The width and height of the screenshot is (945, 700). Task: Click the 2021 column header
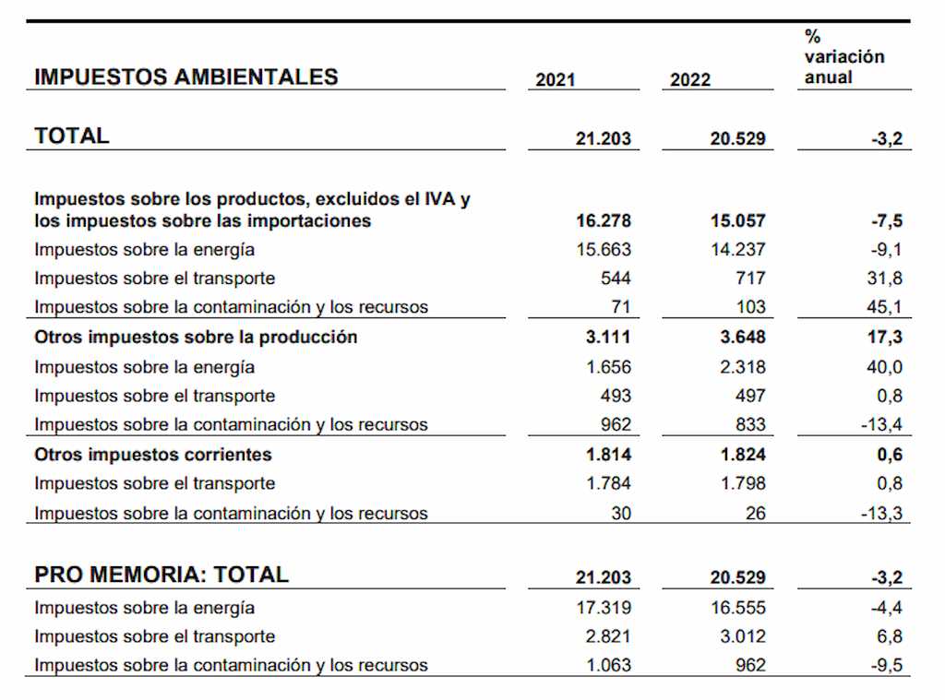pyautogui.click(x=555, y=79)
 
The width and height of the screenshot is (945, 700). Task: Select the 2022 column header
pyautogui.click(x=690, y=79)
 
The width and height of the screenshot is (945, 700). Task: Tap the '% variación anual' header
pyautogui.click(x=843, y=56)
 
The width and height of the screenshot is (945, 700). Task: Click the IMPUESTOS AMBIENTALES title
pyautogui.click(x=186, y=77)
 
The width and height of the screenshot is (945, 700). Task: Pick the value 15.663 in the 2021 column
pyautogui.click(x=604, y=249)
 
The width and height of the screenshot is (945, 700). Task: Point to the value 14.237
pyautogui.click(x=737, y=249)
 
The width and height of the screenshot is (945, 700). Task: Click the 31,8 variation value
pyautogui.click(x=885, y=279)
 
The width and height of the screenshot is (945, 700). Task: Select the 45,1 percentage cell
pyautogui.click(x=885, y=307)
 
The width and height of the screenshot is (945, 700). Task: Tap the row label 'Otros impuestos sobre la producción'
pyautogui.click(x=196, y=337)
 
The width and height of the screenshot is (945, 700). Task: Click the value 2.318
pyautogui.click(x=743, y=367)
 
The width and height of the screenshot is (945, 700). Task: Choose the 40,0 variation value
pyautogui.click(x=885, y=367)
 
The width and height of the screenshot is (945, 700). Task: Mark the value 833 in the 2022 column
pyautogui.click(x=750, y=424)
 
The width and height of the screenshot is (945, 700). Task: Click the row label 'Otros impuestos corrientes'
pyautogui.click(x=153, y=455)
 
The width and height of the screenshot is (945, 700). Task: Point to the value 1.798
pyautogui.click(x=743, y=483)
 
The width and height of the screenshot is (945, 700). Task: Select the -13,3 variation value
pyautogui.click(x=881, y=514)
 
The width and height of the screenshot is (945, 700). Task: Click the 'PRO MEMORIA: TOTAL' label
pyautogui.click(x=161, y=575)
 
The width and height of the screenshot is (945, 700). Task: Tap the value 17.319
pyautogui.click(x=604, y=607)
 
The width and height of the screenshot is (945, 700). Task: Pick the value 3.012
pyautogui.click(x=743, y=636)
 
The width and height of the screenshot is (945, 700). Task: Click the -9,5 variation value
pyautogui.click(x=887, y=665)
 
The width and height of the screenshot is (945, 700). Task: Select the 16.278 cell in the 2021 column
pyautogui.click(x=604, y=220)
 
